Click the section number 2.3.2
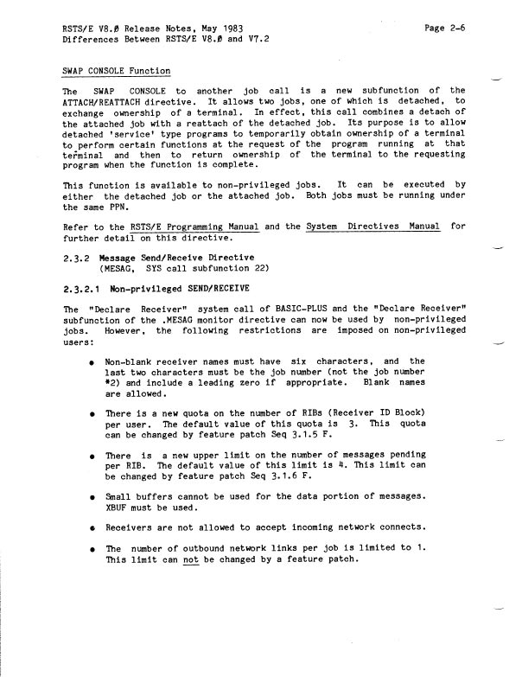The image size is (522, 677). click(x=79, y=258)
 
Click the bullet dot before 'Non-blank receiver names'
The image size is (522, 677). click(x=91, y=361)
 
